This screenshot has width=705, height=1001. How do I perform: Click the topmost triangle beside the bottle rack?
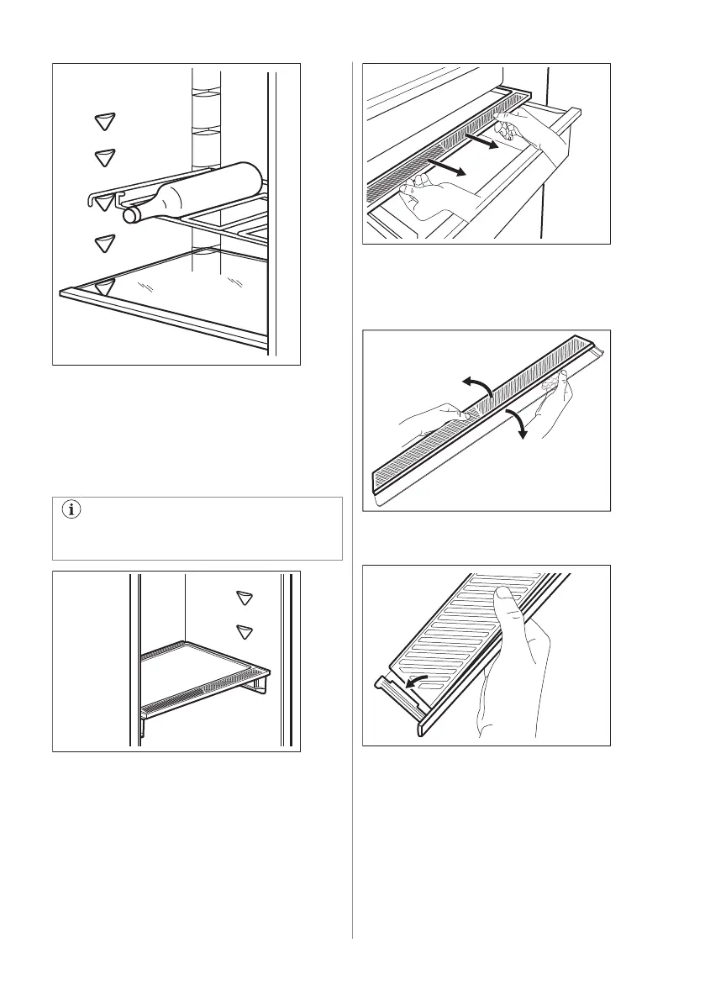pyautogui.click(x=103, y=122)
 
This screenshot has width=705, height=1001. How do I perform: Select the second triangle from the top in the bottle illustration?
pyautogui.click(x=103, y=157)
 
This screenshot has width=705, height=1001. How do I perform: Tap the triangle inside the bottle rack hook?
pyautogui.click(x=104, y=202)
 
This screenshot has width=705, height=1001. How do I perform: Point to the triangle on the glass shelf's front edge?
pyautogui.click(x=103, y=287)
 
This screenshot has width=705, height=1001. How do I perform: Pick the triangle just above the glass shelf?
pyautogui.click(x=103, y=245)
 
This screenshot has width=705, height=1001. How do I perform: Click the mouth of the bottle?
pyautogui.click(x=130, y=215)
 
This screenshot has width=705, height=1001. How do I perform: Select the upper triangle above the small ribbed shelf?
pyautogui.click(x=245, y=598)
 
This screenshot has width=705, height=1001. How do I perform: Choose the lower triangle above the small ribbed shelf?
pyautogui.click(x=245, y=631)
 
